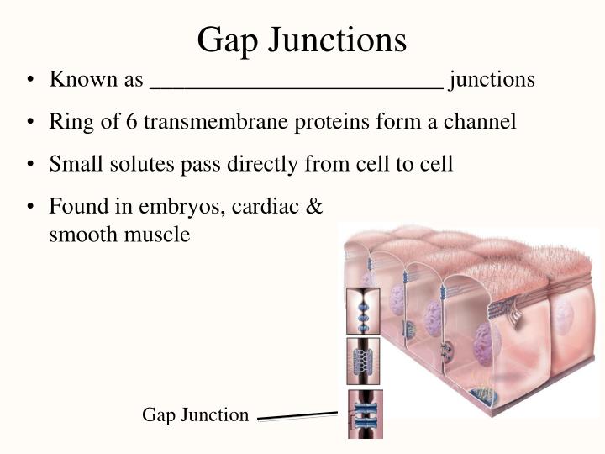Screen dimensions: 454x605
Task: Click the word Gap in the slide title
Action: [228, 40]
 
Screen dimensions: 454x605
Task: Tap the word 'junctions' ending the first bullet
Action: [492, 79]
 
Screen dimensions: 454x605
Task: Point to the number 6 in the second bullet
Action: [132, 121]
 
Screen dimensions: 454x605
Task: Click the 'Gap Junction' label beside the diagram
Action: [196, 414]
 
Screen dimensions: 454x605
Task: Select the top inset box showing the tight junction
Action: [364, 310]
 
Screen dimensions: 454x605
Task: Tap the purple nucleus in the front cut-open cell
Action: [482, 343]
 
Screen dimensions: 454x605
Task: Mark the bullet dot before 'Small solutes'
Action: [30, 164]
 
